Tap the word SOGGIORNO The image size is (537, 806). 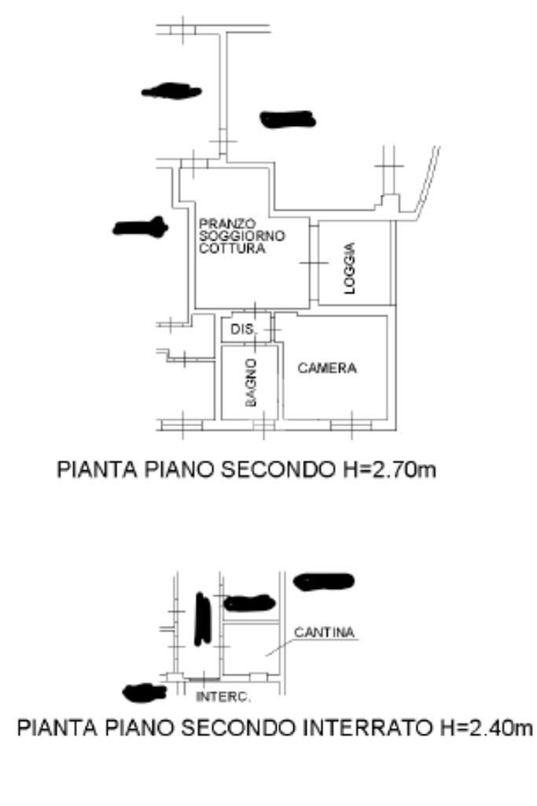[x=231, y=236]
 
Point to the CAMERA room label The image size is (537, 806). [x=327, y=368]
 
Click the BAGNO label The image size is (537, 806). [x=250, y=382]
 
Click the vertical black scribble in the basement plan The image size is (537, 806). [x=202, y=618]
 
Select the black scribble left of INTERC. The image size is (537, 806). [x=145, y=692]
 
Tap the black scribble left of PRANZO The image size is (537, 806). [x=140, y=227]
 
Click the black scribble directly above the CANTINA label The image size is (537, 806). [x=322, y=581]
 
